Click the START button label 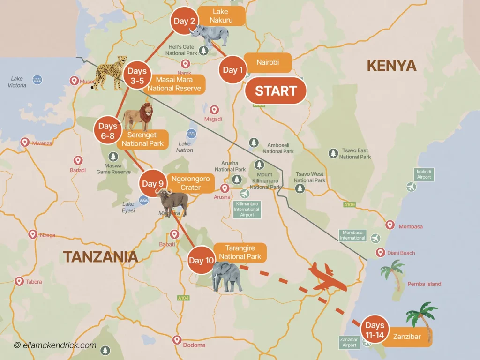click(276, 91)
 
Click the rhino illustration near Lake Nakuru click(209, 35)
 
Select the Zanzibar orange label click(407, 337)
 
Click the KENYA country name click(391, 66)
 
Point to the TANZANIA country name click(100, 256)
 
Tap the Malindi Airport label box click(424, 174)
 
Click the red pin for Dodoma click(177, 340)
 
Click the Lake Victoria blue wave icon click(37, 80)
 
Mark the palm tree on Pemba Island click(393, 274)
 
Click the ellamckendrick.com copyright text click(55, 345)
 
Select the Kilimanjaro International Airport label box click(247, 209)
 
